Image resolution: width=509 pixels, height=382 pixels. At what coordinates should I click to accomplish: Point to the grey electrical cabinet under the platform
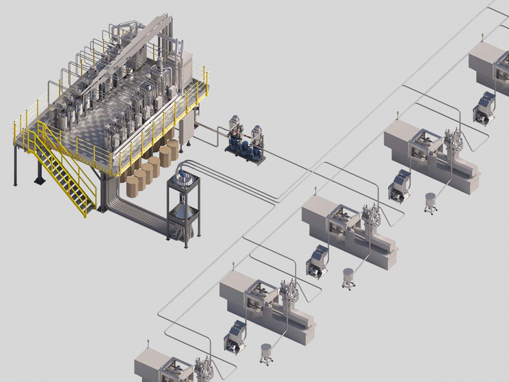[188, 130]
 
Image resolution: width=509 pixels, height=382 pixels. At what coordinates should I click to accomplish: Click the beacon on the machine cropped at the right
[482, 37]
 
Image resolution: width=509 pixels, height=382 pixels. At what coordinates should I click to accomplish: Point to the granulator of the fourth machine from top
[235, 337]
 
